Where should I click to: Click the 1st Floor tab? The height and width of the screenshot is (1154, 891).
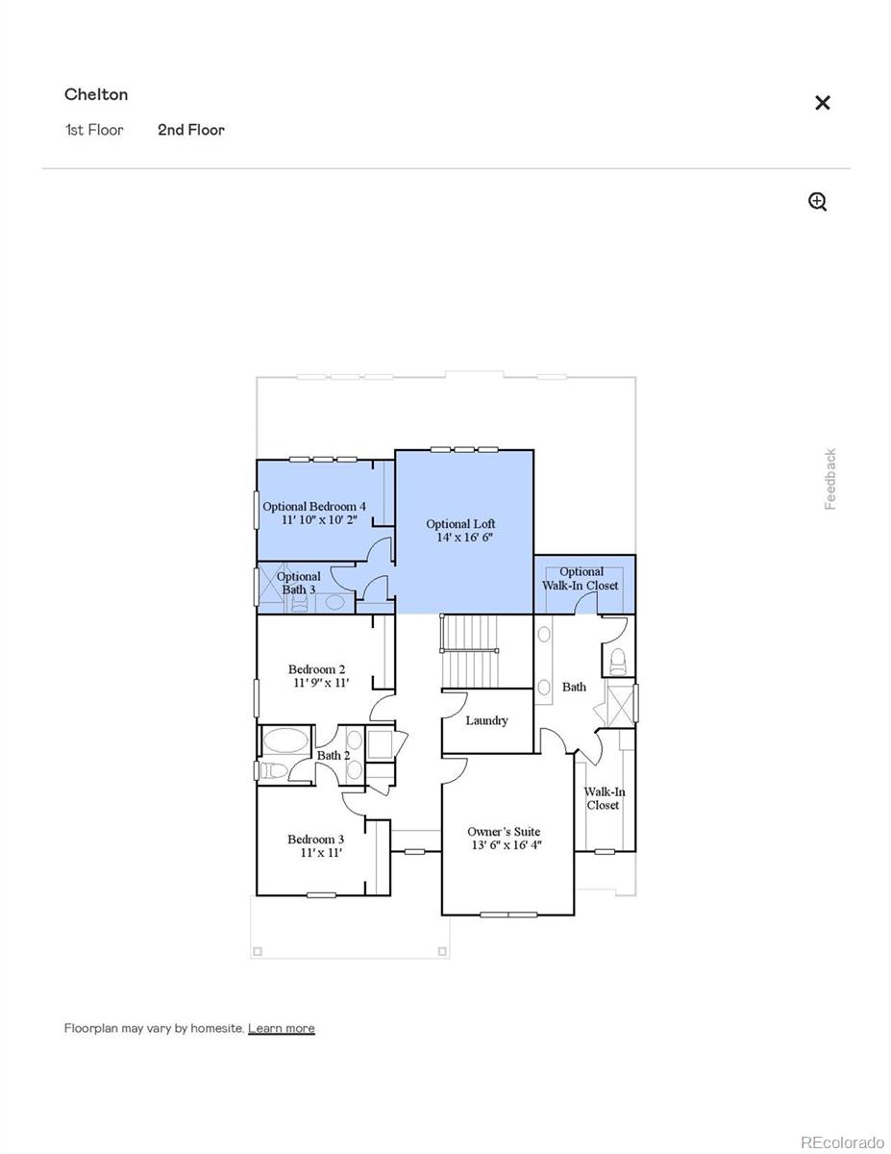click(x=94, y=130)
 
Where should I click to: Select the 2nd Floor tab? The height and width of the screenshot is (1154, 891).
click(x=191, y=130)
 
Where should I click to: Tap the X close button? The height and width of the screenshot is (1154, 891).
click(x=822, y=103)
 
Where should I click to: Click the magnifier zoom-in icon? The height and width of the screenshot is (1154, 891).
click(x=817, y=201)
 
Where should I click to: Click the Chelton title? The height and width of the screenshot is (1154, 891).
click(x=96, y=94)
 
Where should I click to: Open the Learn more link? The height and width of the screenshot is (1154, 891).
click(x=281, y=1028)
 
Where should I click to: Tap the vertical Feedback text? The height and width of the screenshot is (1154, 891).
click(x=830, y=479)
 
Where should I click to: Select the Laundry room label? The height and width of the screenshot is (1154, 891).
click(x=486, y=720)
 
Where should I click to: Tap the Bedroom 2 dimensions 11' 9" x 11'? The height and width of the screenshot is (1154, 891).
click(x=321, y=683)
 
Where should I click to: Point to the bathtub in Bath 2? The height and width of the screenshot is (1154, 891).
click(x=285, y=740)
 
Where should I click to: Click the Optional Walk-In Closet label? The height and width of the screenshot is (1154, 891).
click(x=582, y=578)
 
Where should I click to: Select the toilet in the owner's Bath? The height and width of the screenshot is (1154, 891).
click(x=616, y=660)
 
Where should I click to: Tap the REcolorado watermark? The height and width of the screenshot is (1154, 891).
click(x=842, y=1141)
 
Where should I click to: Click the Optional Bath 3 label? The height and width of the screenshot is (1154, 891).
click(x=299, y=583)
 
